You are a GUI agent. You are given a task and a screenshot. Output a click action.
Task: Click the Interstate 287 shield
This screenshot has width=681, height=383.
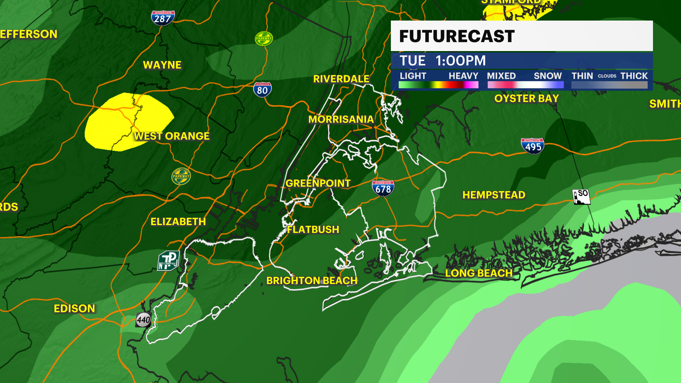click(x=163, y=18)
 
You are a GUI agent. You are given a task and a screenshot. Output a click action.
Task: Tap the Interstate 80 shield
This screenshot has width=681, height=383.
click(x=262, y=90)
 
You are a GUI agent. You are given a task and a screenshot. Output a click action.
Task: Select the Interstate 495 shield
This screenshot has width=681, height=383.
click(x=532, y=146)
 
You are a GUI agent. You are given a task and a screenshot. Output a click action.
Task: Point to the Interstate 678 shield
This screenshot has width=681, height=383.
click(x=383, y=188)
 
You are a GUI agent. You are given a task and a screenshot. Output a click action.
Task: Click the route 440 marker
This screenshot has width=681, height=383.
click(x=144, y=320)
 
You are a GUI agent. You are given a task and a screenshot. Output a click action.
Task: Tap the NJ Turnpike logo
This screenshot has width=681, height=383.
click(x=168, y=261)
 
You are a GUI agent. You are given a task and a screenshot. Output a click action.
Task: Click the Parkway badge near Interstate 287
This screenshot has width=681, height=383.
click(x=264, y=39)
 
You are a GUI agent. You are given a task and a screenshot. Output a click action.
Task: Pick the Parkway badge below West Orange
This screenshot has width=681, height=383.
click(x=181, y=176)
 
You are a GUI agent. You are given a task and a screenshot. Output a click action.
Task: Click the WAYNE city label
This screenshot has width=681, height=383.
click(x=162, y=65)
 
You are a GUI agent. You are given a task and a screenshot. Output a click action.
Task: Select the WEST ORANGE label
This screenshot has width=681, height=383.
click(x=172, y=136)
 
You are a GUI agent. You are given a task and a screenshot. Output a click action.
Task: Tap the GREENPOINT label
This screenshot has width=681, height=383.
click(x=318, y=183)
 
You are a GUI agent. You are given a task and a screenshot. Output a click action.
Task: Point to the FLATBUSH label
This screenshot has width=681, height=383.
click(x=313, y=230)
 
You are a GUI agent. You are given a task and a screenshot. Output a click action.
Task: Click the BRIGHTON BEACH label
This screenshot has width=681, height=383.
click(x=312, y=281)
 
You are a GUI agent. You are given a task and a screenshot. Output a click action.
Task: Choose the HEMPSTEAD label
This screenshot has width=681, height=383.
click(x=494, y=195)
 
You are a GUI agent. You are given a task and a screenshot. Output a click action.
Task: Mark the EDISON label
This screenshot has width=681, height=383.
click(x=74, y=309)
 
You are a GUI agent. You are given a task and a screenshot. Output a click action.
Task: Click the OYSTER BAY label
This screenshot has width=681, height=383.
click(x=527, y=99)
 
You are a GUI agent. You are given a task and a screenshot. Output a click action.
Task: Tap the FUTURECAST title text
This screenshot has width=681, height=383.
click(x=457, y=36)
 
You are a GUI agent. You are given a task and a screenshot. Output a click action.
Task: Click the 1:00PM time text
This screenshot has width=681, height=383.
click(x=461, y=61)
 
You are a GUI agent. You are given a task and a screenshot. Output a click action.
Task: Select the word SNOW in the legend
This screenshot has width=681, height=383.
click(x=548, y=76)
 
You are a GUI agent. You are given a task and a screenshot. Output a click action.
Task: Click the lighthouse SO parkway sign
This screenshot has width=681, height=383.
click(x=581, y=196)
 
